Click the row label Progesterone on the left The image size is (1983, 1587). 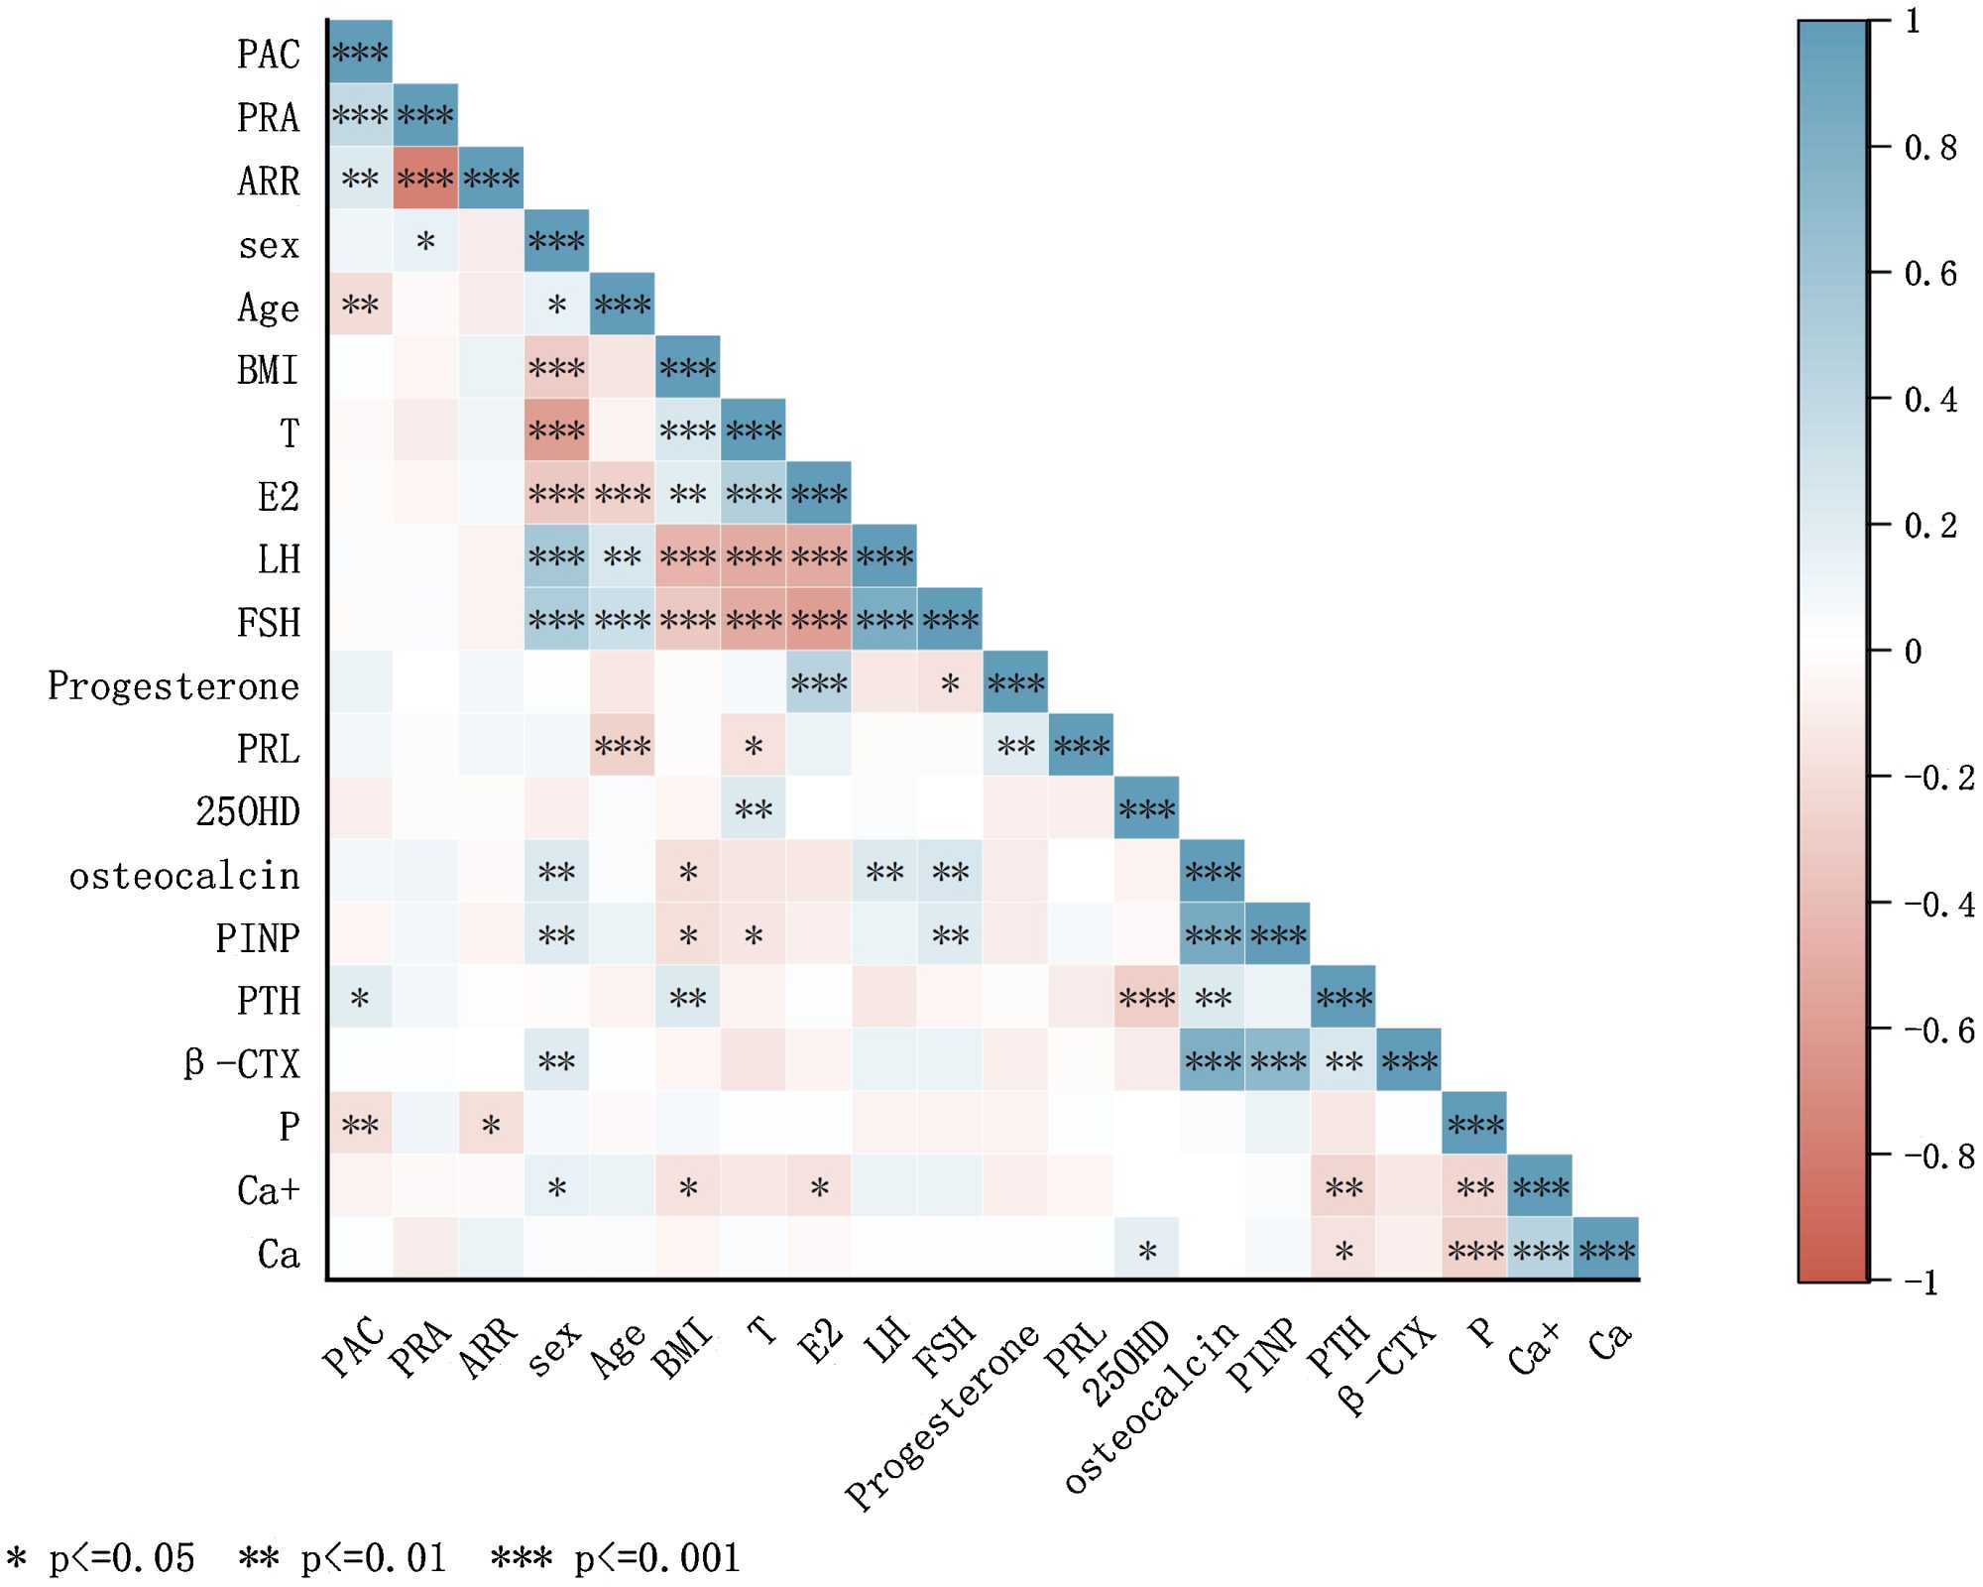coord(174,686)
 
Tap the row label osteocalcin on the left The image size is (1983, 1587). coord(184,876)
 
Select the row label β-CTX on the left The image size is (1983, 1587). coord(242,1064)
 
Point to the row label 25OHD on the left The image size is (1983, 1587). coord(248,812)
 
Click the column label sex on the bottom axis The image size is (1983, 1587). coord(553,1348)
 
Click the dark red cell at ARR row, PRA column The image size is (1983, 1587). coord(425,179)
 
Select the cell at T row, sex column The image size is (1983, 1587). coord(556,430)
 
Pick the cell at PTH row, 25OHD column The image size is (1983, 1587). coord(1146,998)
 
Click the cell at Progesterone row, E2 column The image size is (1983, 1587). coord(819,682)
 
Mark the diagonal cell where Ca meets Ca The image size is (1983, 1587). coord(1606,1250)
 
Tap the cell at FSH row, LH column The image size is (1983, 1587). coord(884,620)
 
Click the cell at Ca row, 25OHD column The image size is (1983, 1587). coord(1146,1250)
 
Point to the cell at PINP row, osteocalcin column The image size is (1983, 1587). coord(1213,934)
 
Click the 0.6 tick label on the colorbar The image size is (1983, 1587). coord(1930,274)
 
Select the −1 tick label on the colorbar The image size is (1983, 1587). coord(1921,1282)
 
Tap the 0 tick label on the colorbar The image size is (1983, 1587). coord(1914,652)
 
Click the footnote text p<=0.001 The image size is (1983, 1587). coord(657,1558)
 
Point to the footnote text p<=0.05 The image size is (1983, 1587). coord(121,1558)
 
